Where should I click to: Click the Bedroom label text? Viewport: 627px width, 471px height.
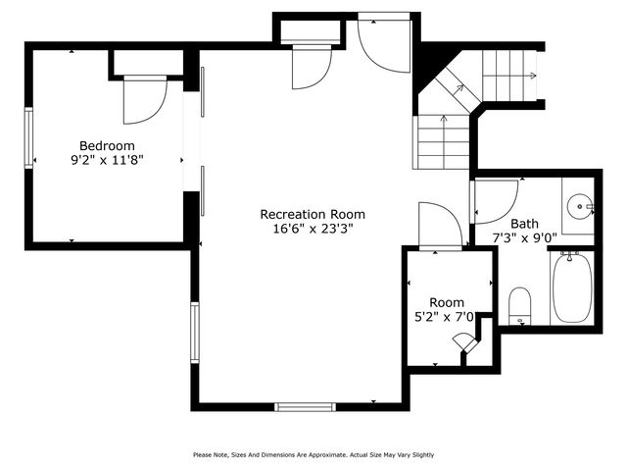coord(107,145)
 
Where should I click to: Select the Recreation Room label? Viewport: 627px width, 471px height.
coord(312,214)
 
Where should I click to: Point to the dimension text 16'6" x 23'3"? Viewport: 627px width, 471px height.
coord(312,229)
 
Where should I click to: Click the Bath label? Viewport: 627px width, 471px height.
coord(524,223)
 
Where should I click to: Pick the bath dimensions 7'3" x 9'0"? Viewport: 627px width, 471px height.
coord(524,237)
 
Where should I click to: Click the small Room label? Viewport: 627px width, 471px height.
coord(447,302)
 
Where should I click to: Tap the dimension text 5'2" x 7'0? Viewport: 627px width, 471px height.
coord(447,317)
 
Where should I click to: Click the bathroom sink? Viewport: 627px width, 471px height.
coord(581,207)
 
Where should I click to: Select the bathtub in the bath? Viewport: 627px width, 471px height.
coord(571,288)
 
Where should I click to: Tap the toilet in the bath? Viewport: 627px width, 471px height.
coord(520,304)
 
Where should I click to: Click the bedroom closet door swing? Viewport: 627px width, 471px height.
coord(144,100)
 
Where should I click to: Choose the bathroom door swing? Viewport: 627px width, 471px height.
coord(493,201)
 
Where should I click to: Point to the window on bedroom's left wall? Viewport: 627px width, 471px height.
coord(29,138)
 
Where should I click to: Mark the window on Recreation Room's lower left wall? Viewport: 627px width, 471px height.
coord(195,333)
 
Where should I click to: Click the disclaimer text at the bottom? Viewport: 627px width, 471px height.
coord(313,454)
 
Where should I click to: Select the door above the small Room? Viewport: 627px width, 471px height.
coord(439,226)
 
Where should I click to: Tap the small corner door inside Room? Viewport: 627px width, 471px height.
coord(462,342)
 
